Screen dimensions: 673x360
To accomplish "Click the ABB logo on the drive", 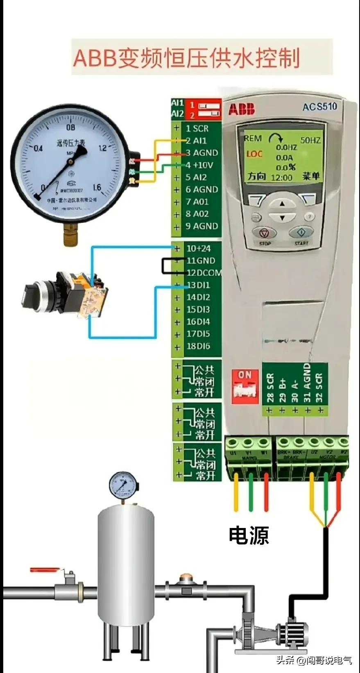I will tap(241, 109).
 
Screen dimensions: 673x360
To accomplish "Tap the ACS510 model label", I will tap(319, 107).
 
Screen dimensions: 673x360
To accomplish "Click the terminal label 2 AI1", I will tap(196, 140).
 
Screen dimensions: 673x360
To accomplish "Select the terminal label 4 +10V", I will tap(199, 165).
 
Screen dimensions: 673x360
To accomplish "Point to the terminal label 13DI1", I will tap(198, 285).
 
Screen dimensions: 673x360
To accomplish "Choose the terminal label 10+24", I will tap(199, 248).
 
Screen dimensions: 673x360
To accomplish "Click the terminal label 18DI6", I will tap(198, 346).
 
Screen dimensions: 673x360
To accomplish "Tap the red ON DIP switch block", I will tap(245, 384).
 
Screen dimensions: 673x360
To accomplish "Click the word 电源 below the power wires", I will tap(249, 535).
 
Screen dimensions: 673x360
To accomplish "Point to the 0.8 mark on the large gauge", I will tap(71, 127).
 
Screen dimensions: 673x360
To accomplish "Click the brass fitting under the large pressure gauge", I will tap(71, 236).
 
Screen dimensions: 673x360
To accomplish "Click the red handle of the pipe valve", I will tap(45, 569).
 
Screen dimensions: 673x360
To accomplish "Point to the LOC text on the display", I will tap(254, 154).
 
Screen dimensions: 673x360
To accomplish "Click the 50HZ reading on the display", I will tap(310, 140).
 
